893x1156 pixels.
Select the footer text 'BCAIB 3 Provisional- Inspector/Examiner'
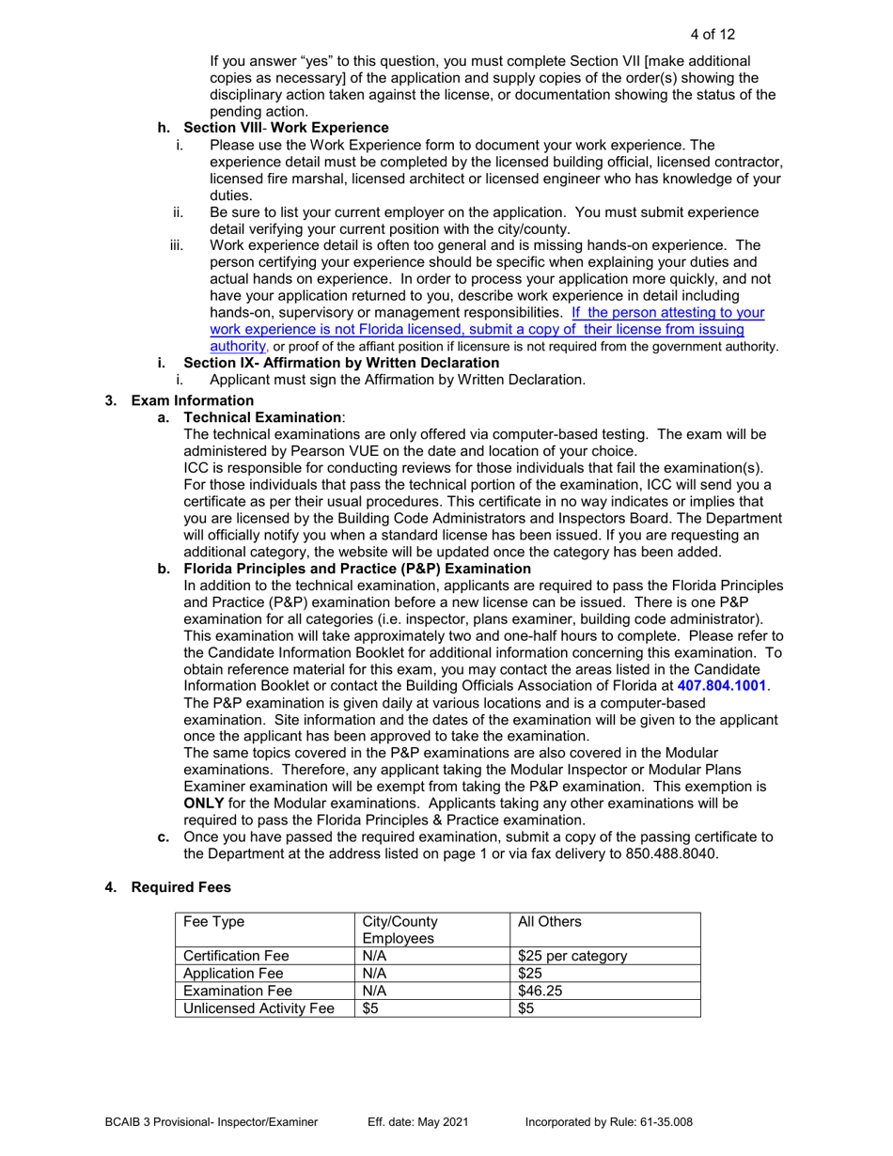[x=211, y=1122]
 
